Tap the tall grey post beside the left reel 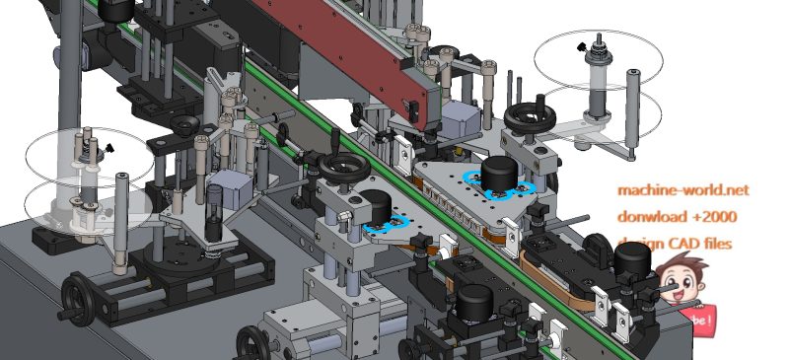[x=121, y=222]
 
